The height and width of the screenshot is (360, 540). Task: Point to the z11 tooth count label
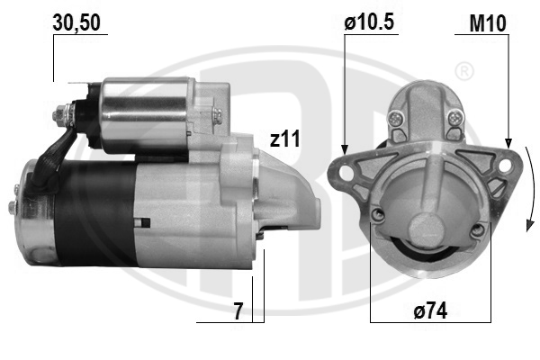[x=284, y=139]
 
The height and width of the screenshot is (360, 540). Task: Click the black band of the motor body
[x=94, y=211]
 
